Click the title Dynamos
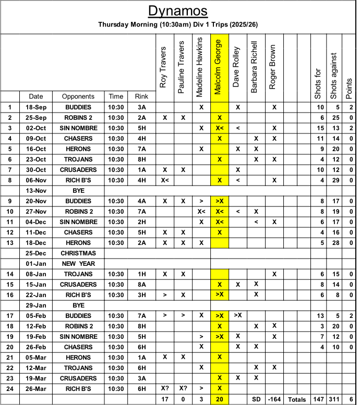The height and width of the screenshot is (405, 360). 178,11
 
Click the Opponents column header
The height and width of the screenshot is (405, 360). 78,96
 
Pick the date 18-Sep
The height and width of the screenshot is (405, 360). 36,107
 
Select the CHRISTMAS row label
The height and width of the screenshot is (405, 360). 78,253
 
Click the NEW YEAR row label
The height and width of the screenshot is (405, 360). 78,263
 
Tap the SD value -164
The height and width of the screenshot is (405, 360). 274,399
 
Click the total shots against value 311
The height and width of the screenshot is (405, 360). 334,399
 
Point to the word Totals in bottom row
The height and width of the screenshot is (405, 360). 298,399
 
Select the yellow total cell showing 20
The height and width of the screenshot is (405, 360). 219,399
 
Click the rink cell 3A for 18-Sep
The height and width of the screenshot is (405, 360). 141,107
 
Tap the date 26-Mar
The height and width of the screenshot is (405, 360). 36,388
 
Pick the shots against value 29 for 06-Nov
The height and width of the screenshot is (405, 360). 334,180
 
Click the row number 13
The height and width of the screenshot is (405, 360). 10,242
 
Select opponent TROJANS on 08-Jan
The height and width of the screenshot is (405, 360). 78,274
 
